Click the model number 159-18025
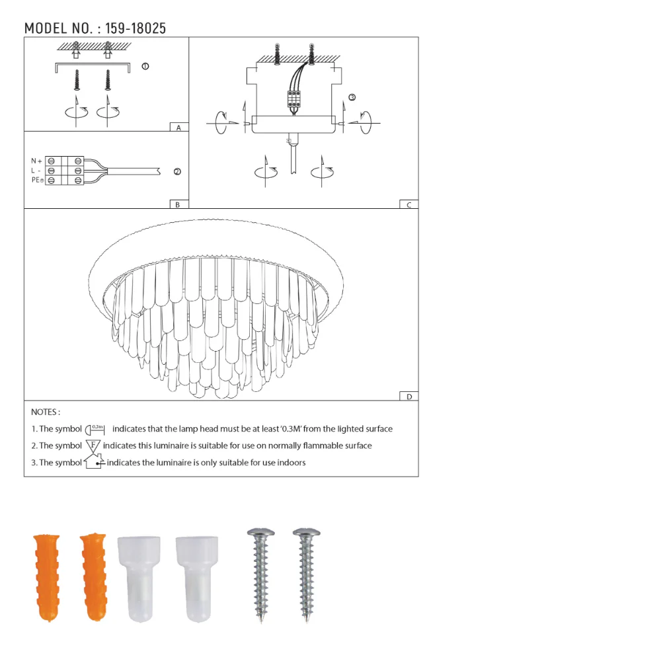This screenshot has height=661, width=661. point(136,28)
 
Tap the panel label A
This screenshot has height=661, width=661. point(178,128)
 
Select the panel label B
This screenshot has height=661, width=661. point(177,204)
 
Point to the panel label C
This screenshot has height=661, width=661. point(409,205)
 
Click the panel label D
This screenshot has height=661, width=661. point(409,397)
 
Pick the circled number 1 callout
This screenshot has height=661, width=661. point(145,66)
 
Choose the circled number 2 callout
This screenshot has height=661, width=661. point(177,172)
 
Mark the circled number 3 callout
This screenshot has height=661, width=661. point(352,97)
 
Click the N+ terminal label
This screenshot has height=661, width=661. point(36,161)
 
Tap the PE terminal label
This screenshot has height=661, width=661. point(37,180)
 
